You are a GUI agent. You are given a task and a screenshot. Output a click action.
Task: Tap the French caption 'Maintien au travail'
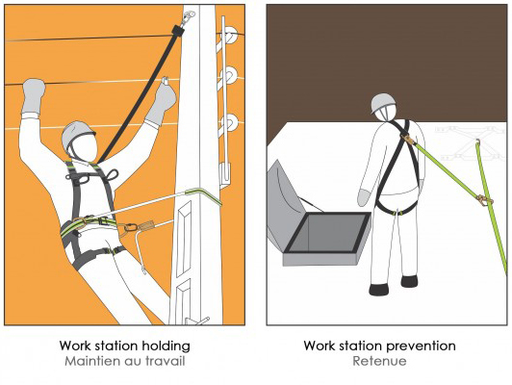coord(125,361)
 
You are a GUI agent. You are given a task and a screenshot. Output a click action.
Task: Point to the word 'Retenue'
coord(379,361)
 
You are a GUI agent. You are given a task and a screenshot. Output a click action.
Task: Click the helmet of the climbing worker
coord(77,135)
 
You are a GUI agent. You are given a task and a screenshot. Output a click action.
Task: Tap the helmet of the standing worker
coord(382,103)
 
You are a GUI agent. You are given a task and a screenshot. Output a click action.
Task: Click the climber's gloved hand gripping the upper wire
coord(33,95)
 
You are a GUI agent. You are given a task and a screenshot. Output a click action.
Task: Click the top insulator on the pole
coord(230,35)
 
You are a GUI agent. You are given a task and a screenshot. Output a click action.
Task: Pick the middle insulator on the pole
coord(230,75)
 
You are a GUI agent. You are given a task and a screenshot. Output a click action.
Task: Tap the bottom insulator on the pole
coord(230,122)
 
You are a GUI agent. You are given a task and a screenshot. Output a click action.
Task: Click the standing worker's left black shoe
coord(379,290)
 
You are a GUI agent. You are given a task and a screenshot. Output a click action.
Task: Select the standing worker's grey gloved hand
coord(364,197)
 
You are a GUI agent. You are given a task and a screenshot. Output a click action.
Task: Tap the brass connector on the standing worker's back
coord(408,140)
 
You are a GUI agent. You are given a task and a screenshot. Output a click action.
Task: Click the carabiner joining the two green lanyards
coord(485,200)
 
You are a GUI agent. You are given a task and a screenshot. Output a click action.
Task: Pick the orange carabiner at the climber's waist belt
coord(130,227)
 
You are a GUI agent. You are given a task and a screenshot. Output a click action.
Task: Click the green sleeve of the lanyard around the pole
coord(204,195)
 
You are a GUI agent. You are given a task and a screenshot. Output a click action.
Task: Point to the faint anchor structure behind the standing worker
coord(468,142)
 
